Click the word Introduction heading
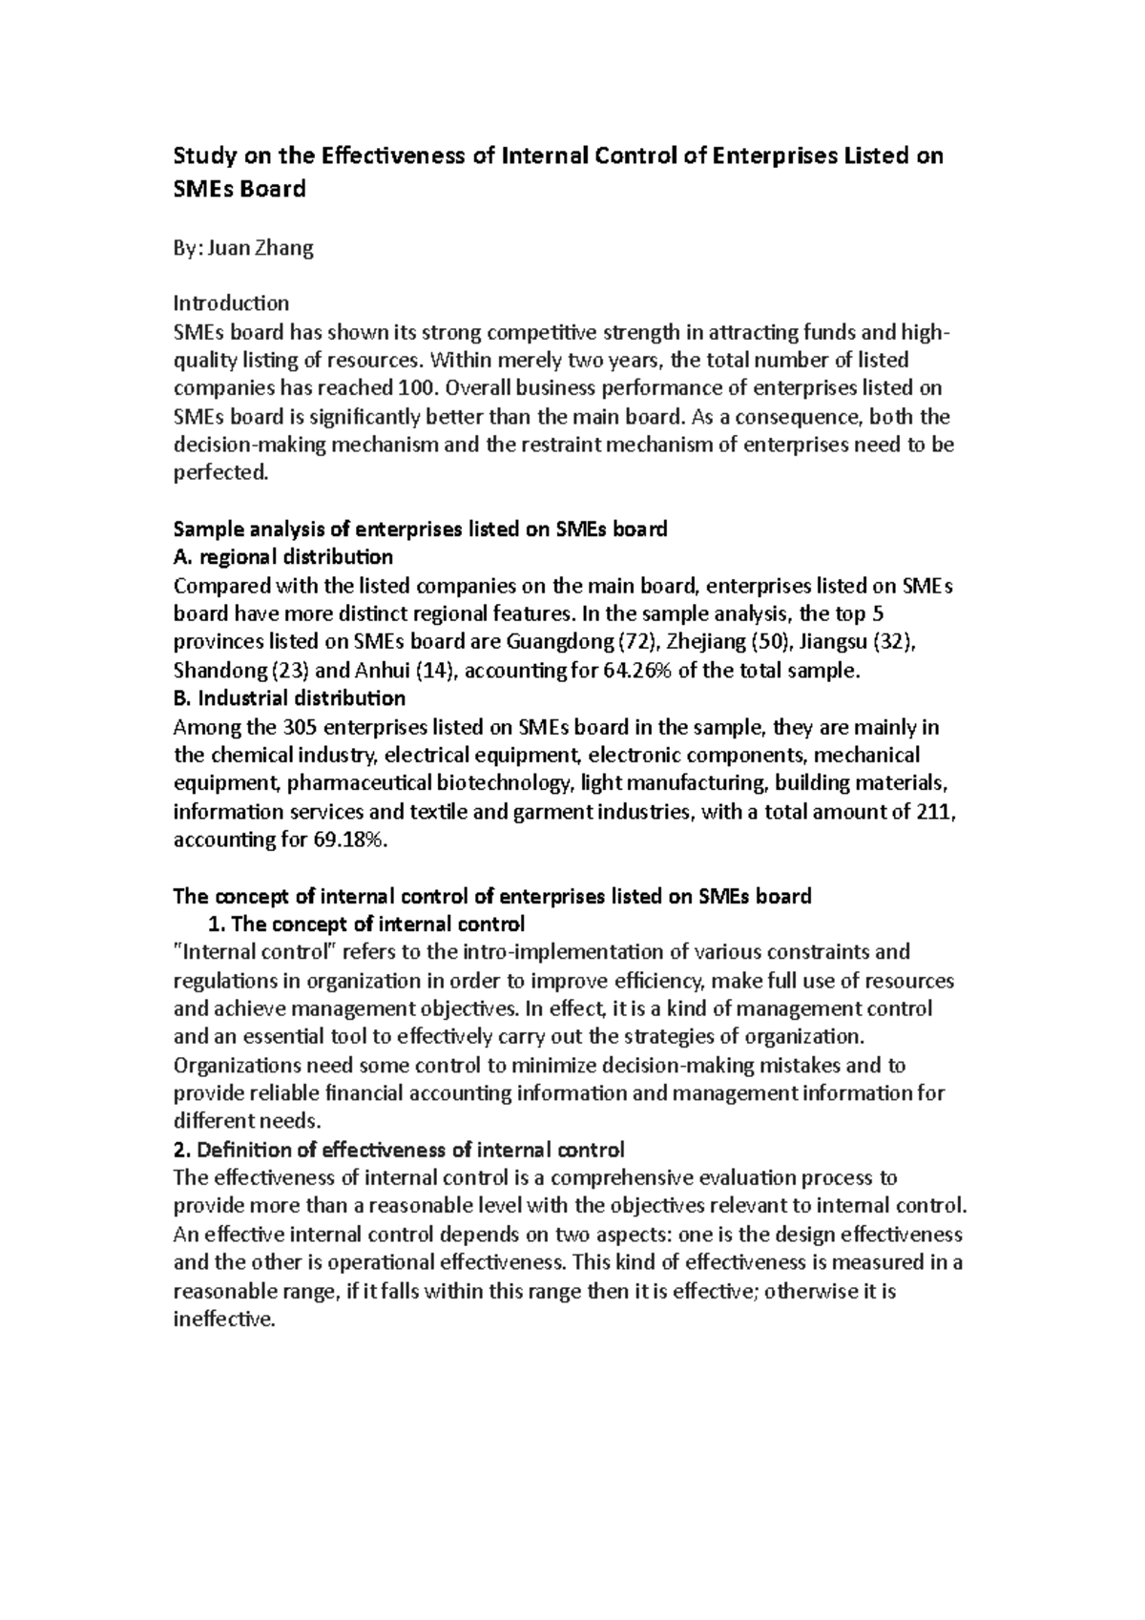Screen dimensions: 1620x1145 point(230,303)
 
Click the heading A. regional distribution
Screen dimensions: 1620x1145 point(282,556)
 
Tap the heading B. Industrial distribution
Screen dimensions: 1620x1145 point(289,698)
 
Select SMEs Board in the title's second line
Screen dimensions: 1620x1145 point(239,189)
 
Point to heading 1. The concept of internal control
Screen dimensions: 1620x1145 point(366,924)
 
